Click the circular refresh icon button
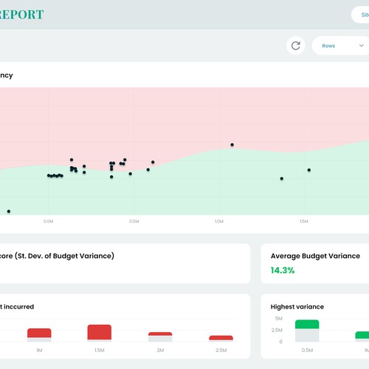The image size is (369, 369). coord(296,46)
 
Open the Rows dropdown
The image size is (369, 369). coord(339,46)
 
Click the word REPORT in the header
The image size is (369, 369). coord(21,14)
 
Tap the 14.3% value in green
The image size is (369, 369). coord(283,270)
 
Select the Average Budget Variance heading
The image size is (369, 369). coord(315,256)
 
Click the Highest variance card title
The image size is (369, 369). coord(297,306)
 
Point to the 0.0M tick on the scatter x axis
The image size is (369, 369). coord(49,221)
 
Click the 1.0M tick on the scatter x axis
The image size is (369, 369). coord(218,221)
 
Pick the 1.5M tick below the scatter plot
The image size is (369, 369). coord(303,221)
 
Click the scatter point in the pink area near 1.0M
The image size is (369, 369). coord(232,145)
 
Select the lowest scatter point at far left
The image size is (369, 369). coord(9,211)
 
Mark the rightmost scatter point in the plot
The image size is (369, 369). coord(309,170)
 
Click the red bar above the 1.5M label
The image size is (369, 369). coord(99,332)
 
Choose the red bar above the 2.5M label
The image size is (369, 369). coord(221,338)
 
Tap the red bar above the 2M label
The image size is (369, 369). coord(160,334)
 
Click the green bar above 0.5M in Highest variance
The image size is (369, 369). coord(307,324)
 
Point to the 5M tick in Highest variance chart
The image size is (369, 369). coord(277,318)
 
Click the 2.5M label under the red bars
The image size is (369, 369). coord(221,350)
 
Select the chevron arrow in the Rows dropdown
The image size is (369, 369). coord(362,46)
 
